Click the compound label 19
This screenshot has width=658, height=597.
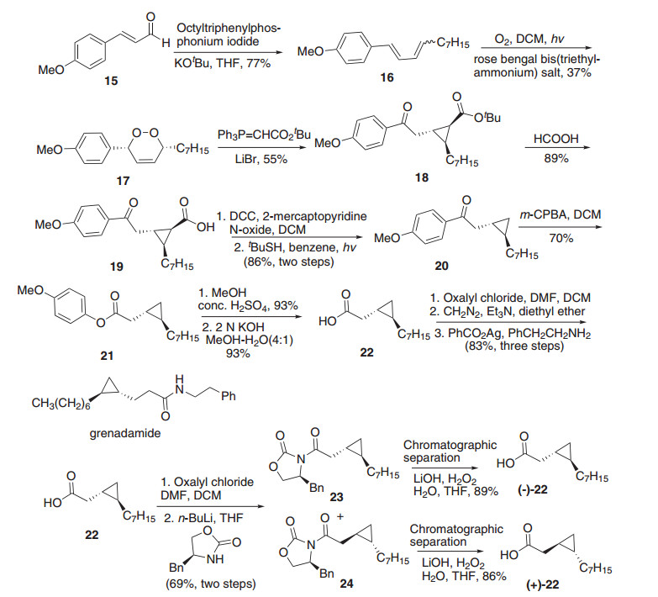[113, 266]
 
